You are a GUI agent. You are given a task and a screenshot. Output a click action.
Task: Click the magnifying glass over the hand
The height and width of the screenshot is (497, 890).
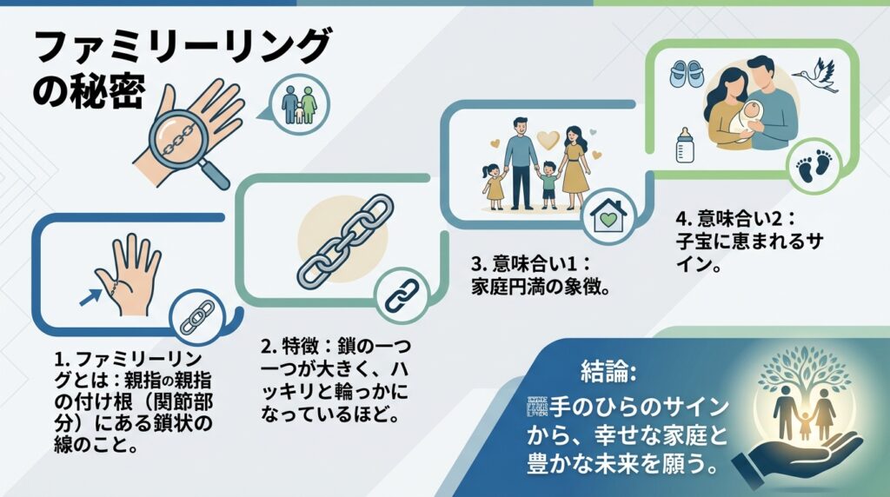[177, 138]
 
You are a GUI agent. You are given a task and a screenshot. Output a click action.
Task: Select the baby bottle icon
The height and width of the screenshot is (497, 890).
[684, 144]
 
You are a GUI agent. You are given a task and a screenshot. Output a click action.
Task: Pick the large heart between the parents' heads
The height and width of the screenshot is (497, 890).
[547, 137]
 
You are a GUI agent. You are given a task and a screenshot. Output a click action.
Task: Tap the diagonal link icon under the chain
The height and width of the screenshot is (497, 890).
[402, 295]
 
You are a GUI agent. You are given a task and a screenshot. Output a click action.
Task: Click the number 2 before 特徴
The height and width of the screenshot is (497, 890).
[267, 346]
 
